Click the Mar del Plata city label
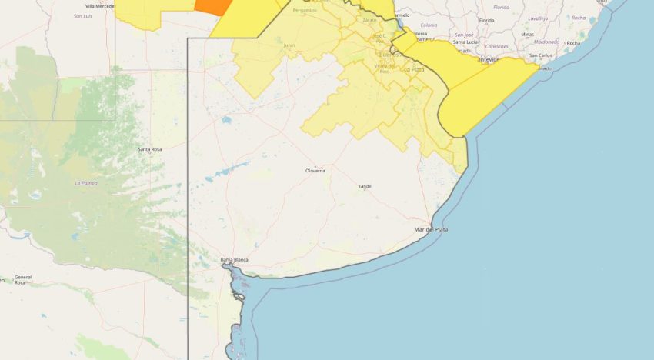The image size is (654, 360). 431,229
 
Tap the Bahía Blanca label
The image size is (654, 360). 234,259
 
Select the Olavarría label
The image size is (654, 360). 315,170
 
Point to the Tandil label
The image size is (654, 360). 365,186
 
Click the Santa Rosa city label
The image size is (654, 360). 149,148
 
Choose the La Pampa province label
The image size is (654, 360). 85,183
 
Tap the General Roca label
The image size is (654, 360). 22,279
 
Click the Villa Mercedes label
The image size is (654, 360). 100,5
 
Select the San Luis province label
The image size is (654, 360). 83,15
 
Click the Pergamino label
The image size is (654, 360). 305,10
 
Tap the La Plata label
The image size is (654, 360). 414,69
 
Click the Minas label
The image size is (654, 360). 527,34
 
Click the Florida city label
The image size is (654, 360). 486,20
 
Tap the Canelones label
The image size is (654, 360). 496,46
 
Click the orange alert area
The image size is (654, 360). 214,7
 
